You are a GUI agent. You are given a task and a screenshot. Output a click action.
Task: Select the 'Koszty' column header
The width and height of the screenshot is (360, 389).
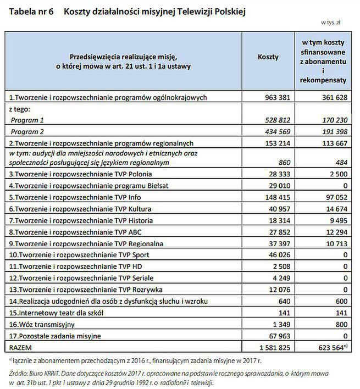pyautogui.click(x=268, y=57)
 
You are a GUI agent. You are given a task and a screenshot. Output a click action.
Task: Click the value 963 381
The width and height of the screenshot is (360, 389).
pyautogui.click(x=277, y=97)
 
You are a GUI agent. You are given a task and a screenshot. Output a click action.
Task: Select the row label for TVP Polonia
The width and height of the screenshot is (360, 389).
pyautogui.click(x=83, y=174)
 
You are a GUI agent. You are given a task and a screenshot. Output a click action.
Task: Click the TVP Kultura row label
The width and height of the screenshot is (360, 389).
pyautogui.click(x=85, y=209)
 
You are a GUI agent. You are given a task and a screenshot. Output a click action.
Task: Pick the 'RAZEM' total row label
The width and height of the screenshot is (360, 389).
pyautogui.click(x=21, y=347)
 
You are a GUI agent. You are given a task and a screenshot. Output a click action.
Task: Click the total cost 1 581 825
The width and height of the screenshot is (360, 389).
pyautogui.click(x=273, y=347)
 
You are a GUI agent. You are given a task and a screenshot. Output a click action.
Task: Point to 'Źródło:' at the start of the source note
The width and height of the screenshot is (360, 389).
pyautogui.click(x=20, y=373)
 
